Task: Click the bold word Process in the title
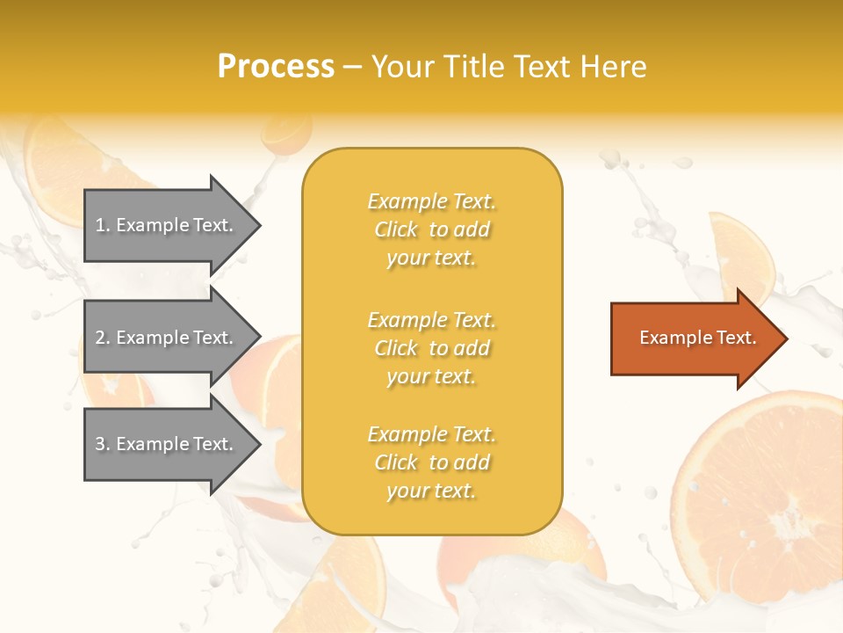tap(276, 67)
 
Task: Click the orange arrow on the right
tap(694, 338)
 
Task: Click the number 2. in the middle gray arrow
tap(102, 338)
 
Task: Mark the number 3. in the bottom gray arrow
tap(102, 444)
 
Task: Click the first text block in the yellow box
tap(431, 229)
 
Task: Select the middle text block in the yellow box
tap(431, 348)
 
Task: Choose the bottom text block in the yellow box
tap(431, 462)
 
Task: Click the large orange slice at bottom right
tap(764, 492)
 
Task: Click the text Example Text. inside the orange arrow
tap(697, 338)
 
